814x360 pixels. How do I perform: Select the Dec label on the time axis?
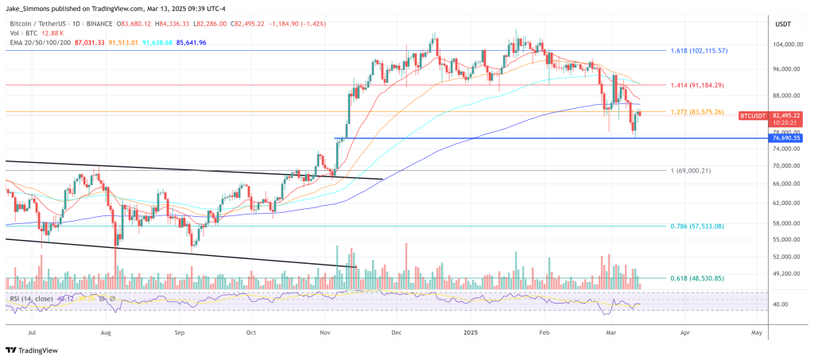pos(396,335)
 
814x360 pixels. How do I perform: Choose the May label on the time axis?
pos(756,335)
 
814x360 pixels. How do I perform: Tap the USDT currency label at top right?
pos(783,24)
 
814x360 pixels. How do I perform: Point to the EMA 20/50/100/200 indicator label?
pos(38,41)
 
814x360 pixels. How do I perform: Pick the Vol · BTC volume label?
pos(24,33)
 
